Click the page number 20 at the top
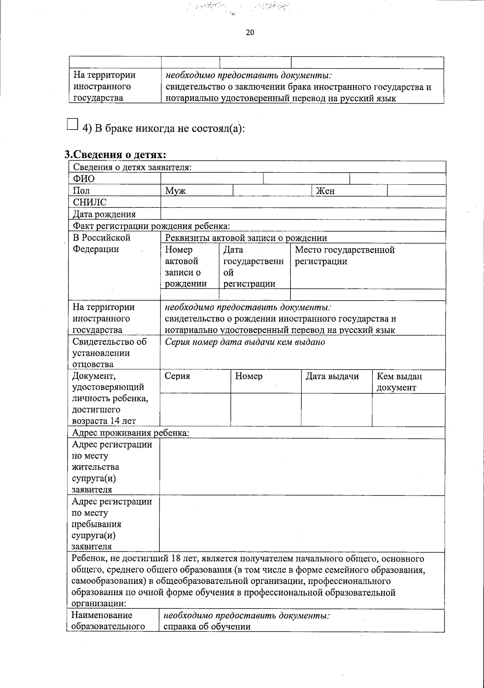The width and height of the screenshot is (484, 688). [x=250, y=33]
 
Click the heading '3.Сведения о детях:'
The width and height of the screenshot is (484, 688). [x=115, y=155]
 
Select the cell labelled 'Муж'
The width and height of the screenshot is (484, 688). [x=175, y=191]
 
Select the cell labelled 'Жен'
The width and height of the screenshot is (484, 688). [x=325, y=191]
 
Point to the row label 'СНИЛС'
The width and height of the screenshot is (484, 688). [x=90, y=203]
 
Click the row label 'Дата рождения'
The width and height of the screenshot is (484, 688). [x=104, y=214]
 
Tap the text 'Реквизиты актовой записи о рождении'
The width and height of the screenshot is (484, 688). [x=246, y=238]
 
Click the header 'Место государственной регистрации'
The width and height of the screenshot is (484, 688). [x=344, y=255]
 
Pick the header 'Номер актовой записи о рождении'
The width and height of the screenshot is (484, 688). [x=186, y=266]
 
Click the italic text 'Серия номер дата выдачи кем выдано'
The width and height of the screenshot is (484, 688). [x=245, y=342]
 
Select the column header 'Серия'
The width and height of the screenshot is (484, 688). [x=177, y=376]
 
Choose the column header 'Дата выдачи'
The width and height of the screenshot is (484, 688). [x=332, y=376]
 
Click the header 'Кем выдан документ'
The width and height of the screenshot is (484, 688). [x=399, y=382]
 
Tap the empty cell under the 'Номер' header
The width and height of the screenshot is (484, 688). [x=266, y=410]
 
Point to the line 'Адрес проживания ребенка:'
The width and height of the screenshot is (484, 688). [x=130, y=433]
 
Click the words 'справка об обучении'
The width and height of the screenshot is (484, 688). [x=207, y=626]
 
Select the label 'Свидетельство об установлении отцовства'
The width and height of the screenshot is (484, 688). [x=110, y=353]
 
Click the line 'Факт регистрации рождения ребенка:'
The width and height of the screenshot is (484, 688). [x=151, y=226]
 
